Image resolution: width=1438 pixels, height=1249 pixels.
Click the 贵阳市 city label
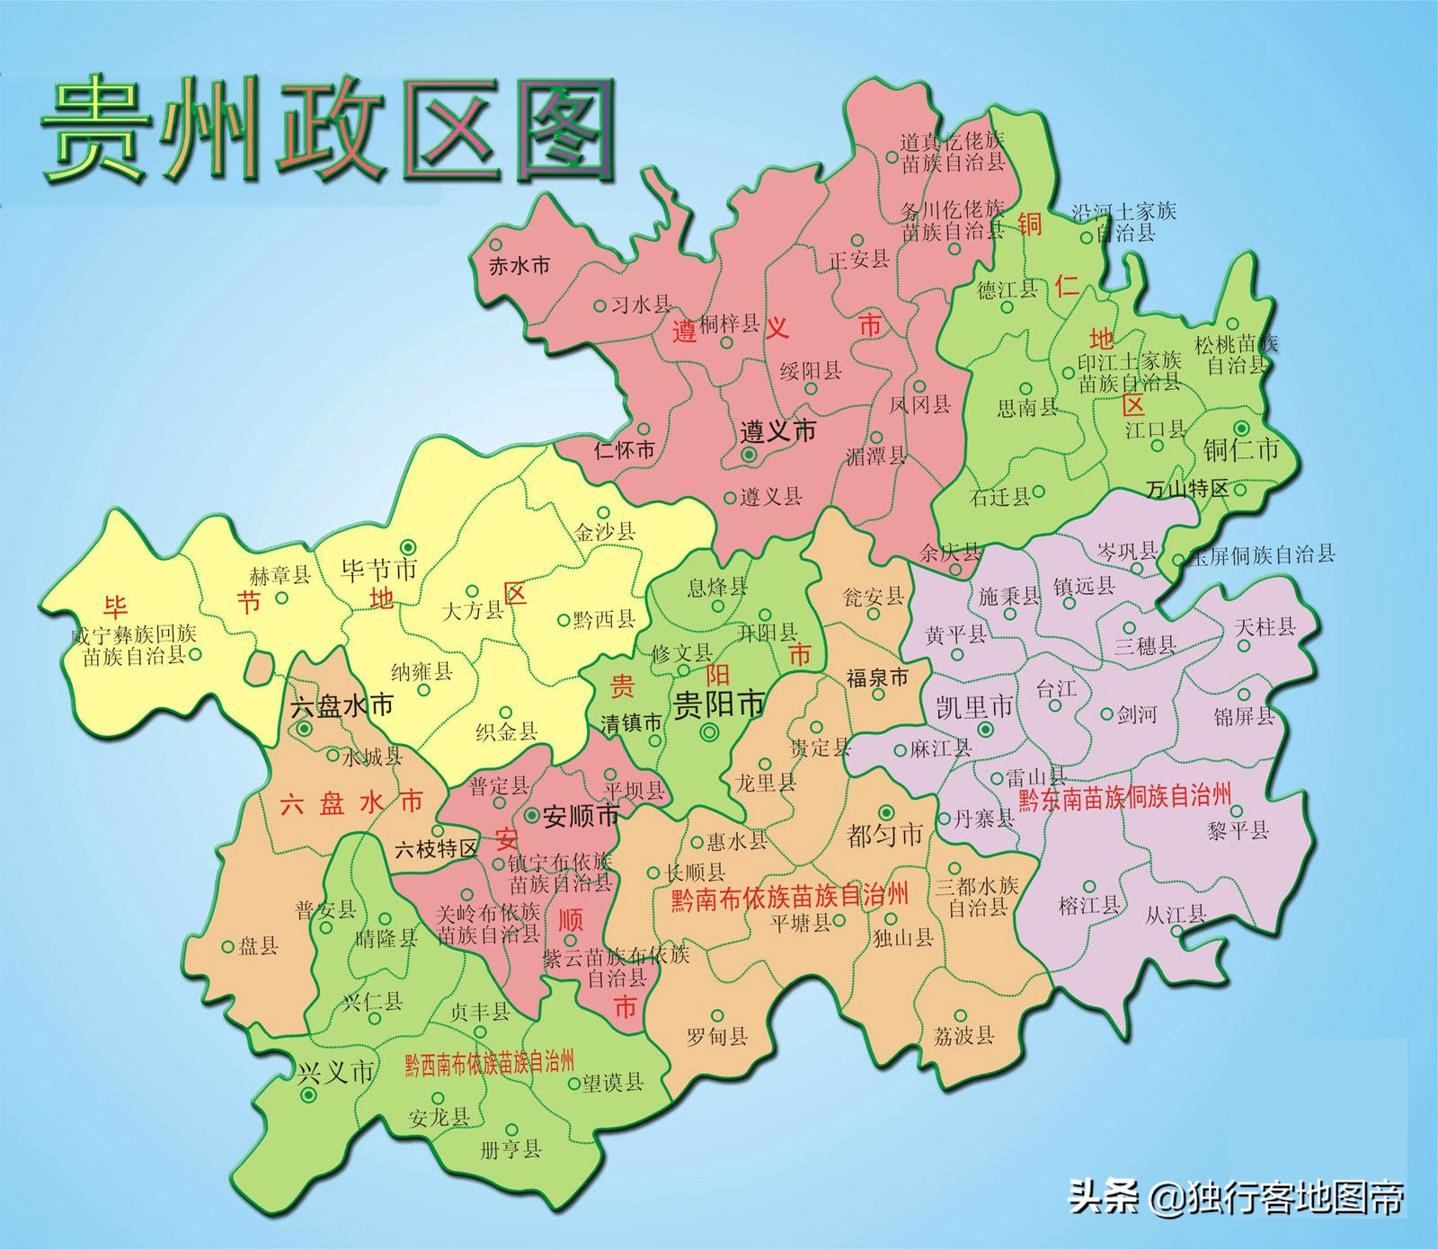[x=719, y=704]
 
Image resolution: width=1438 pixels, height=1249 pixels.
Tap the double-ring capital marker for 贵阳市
[x=710, y=733]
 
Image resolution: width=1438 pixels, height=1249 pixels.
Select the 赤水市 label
[x=519, y=266]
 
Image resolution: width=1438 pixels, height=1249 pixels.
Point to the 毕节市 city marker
[x=408, y=545]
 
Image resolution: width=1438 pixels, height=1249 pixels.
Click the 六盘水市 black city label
[x=342, y=705]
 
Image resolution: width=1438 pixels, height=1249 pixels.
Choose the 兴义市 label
[x=334, y=1071]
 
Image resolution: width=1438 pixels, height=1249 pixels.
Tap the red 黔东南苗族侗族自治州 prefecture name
[x=1124, y=797]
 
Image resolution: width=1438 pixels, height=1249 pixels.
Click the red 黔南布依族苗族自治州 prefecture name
[x=789, y=896]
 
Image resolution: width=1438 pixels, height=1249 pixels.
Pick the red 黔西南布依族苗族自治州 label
[x=489, y=1062]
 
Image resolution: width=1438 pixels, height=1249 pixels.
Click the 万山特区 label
[x=1186, y=489]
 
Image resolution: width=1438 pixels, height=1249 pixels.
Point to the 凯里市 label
[x=974, y=707]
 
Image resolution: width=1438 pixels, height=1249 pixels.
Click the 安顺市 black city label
[x=581, y=816]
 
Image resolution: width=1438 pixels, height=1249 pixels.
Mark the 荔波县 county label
[x=963, y=1035]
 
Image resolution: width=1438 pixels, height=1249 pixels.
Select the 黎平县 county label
[x=1237, y=829]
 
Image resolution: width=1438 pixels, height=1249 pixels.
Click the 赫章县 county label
[x=280, y=575]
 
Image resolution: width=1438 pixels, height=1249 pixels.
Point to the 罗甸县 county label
[x=717, y=1036]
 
